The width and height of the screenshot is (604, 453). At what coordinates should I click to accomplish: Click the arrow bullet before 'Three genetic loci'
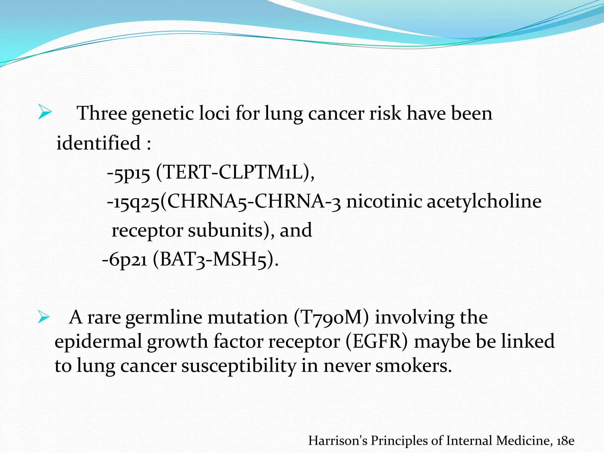click(45, 112)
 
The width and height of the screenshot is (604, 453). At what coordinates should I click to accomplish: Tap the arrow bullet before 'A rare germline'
click(44, 317)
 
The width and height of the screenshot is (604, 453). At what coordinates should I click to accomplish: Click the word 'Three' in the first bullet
click(102, 113)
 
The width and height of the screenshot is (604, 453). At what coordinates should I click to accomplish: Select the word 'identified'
click(98, 143)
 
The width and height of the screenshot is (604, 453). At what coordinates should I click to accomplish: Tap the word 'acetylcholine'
click(484, 202)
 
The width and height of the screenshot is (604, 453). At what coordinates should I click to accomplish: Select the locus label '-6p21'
click(124, 260)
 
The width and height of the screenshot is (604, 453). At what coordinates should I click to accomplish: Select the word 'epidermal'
click(98, 342)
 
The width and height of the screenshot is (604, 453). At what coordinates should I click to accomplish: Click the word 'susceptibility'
click(238, 366)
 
